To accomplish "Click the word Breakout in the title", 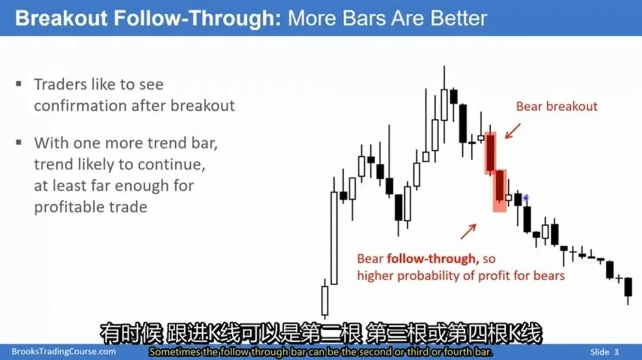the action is point(61,18).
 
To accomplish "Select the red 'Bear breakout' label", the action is point(556,106).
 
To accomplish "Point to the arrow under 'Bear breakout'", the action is point(513,131).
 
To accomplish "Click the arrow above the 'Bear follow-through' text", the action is point(468,231).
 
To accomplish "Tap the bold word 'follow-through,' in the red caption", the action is point(433,258).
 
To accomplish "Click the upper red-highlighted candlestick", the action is point(490,152).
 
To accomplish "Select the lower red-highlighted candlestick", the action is point(499,190).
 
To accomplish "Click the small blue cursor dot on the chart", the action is point(525,198).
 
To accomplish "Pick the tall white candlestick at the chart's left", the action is point(334,237).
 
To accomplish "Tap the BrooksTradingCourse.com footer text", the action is point(64,352).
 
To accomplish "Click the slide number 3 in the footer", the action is point(616,352).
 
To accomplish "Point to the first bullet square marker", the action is point(18,84).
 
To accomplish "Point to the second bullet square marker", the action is point(18,143).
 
